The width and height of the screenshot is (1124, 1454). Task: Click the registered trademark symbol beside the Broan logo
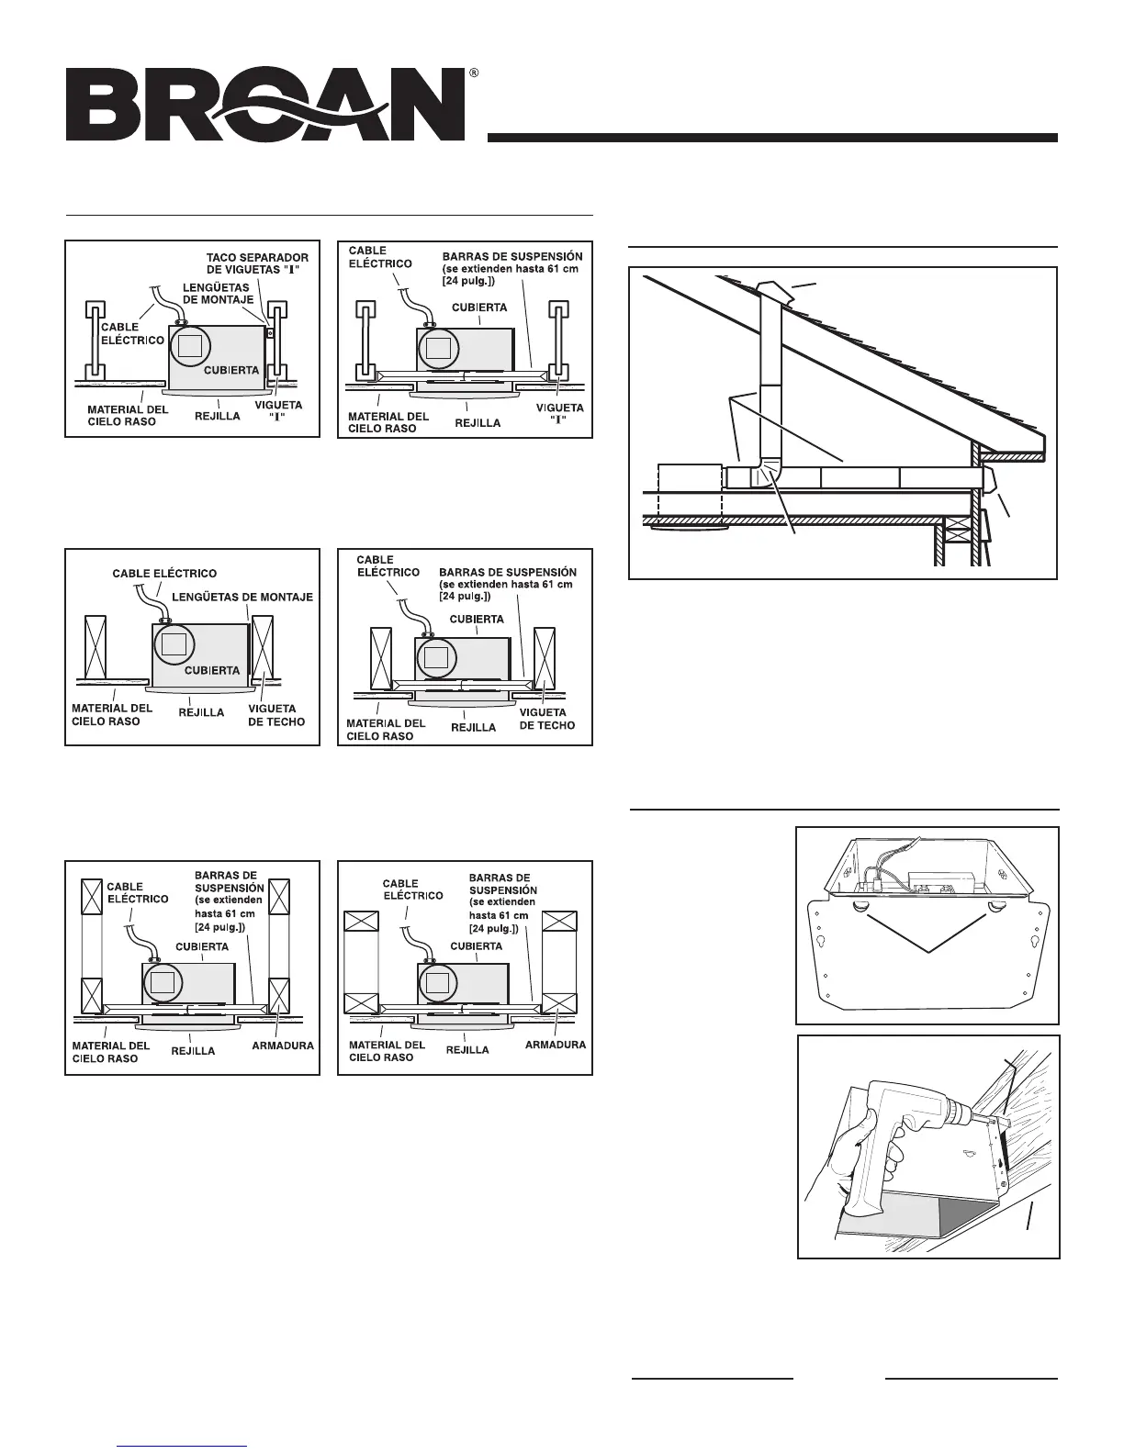473,72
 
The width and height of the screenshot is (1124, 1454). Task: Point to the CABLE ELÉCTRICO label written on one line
164,574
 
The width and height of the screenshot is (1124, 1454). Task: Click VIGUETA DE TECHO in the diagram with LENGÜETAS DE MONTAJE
272,714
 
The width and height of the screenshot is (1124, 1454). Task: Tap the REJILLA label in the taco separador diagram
219,416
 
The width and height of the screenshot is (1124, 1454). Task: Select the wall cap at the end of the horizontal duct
990,478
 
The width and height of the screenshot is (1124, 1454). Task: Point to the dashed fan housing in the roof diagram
691,495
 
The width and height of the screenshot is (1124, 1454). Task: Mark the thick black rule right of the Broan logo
772,138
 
